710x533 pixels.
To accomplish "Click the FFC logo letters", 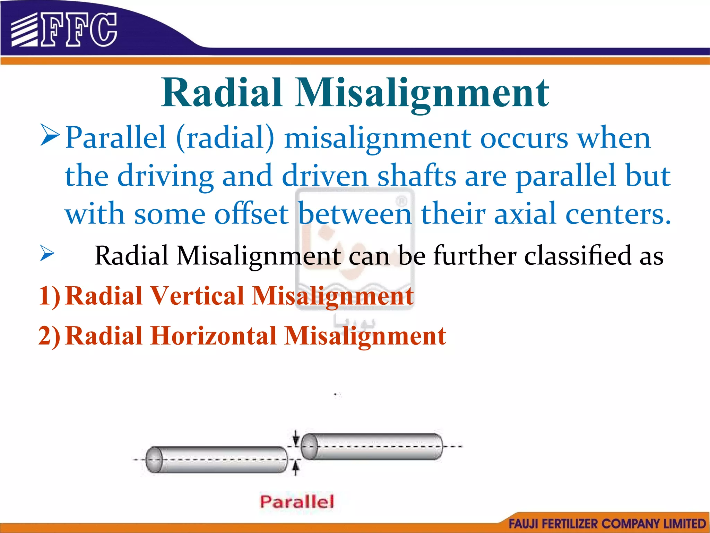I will (x=79, y=30).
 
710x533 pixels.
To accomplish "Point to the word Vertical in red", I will (x=198, y=296).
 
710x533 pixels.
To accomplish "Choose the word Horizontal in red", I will (x=214, y=336).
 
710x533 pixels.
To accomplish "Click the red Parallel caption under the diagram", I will (x=297, y=501).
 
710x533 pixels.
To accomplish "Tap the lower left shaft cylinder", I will (x=217, y=460).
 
